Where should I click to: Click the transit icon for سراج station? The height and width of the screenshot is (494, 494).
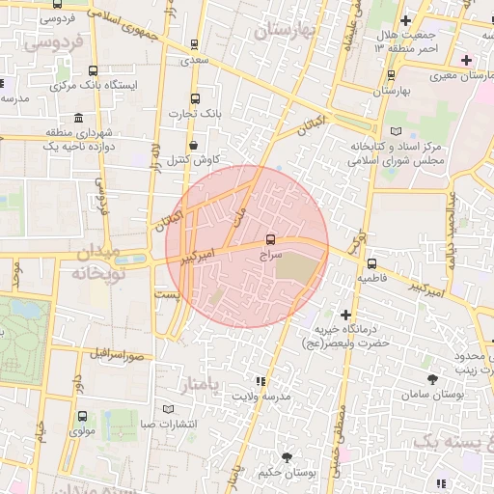pyautogui.click(x=270, y=239)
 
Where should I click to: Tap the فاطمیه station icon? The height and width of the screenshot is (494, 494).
pyautogui.click(x=372, y=262)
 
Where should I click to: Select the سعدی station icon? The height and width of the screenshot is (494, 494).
pyautogui.click(x=196, y=44)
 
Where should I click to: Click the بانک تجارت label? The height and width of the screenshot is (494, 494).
pyautogui.click(x=195, y=114)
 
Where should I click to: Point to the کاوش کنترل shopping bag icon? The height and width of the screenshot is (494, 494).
pyautogui.click(x=194, y=145)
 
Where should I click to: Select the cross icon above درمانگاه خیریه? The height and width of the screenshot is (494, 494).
pyautogui.click(x=345, y=315)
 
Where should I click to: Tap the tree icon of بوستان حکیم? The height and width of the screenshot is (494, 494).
pyautogui.click(x=287, y=456)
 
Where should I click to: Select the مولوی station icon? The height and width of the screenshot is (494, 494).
pyautogui.click(x=82, y=417)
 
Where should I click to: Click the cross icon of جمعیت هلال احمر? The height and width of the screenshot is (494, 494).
pyautogui.click(x=405, y=20)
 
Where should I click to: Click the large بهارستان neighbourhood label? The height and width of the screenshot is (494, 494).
pyautogui.click(x=283, y=31)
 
